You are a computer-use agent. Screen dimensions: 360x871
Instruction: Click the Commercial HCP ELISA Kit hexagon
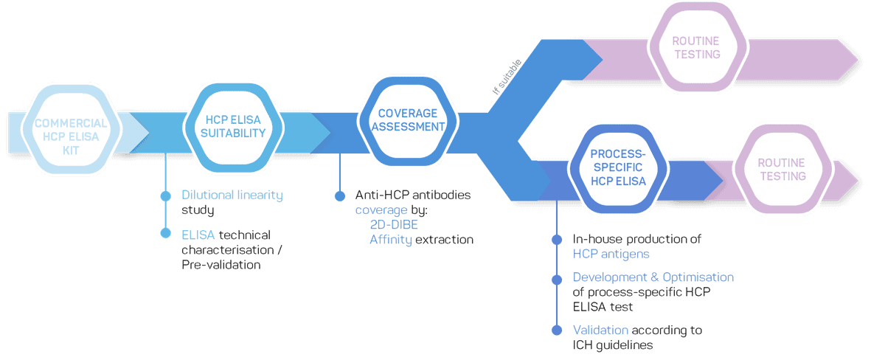[70, 131]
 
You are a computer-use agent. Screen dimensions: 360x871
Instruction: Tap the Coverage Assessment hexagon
[408, 120]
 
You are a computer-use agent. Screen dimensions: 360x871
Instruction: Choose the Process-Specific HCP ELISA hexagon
[618, 167]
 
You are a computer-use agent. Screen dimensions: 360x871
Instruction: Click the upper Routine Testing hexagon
[695, 47]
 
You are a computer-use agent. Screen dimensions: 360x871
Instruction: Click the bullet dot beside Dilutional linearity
[165, 195]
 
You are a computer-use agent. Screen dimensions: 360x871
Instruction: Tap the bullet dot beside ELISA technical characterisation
[165, 233]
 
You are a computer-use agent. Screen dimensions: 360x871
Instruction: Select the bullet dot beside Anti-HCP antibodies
[339, 196]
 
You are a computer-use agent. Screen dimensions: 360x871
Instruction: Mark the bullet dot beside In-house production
[557, 240]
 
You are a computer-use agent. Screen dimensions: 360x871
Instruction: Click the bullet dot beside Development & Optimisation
[557, 278]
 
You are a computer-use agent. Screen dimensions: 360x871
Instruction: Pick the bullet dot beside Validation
[557, 330]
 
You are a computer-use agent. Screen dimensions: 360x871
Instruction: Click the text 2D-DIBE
[394, 225]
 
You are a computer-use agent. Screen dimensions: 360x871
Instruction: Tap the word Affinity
[391, 240]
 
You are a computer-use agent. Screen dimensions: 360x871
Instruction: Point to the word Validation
[600, 330]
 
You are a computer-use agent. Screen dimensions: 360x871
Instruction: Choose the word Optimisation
[693, 277]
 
